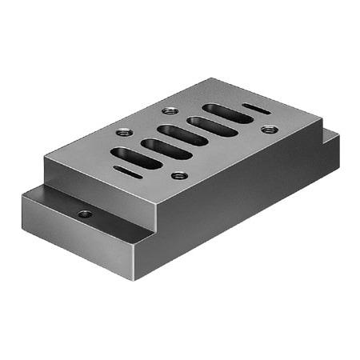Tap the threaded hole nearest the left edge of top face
123,133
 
